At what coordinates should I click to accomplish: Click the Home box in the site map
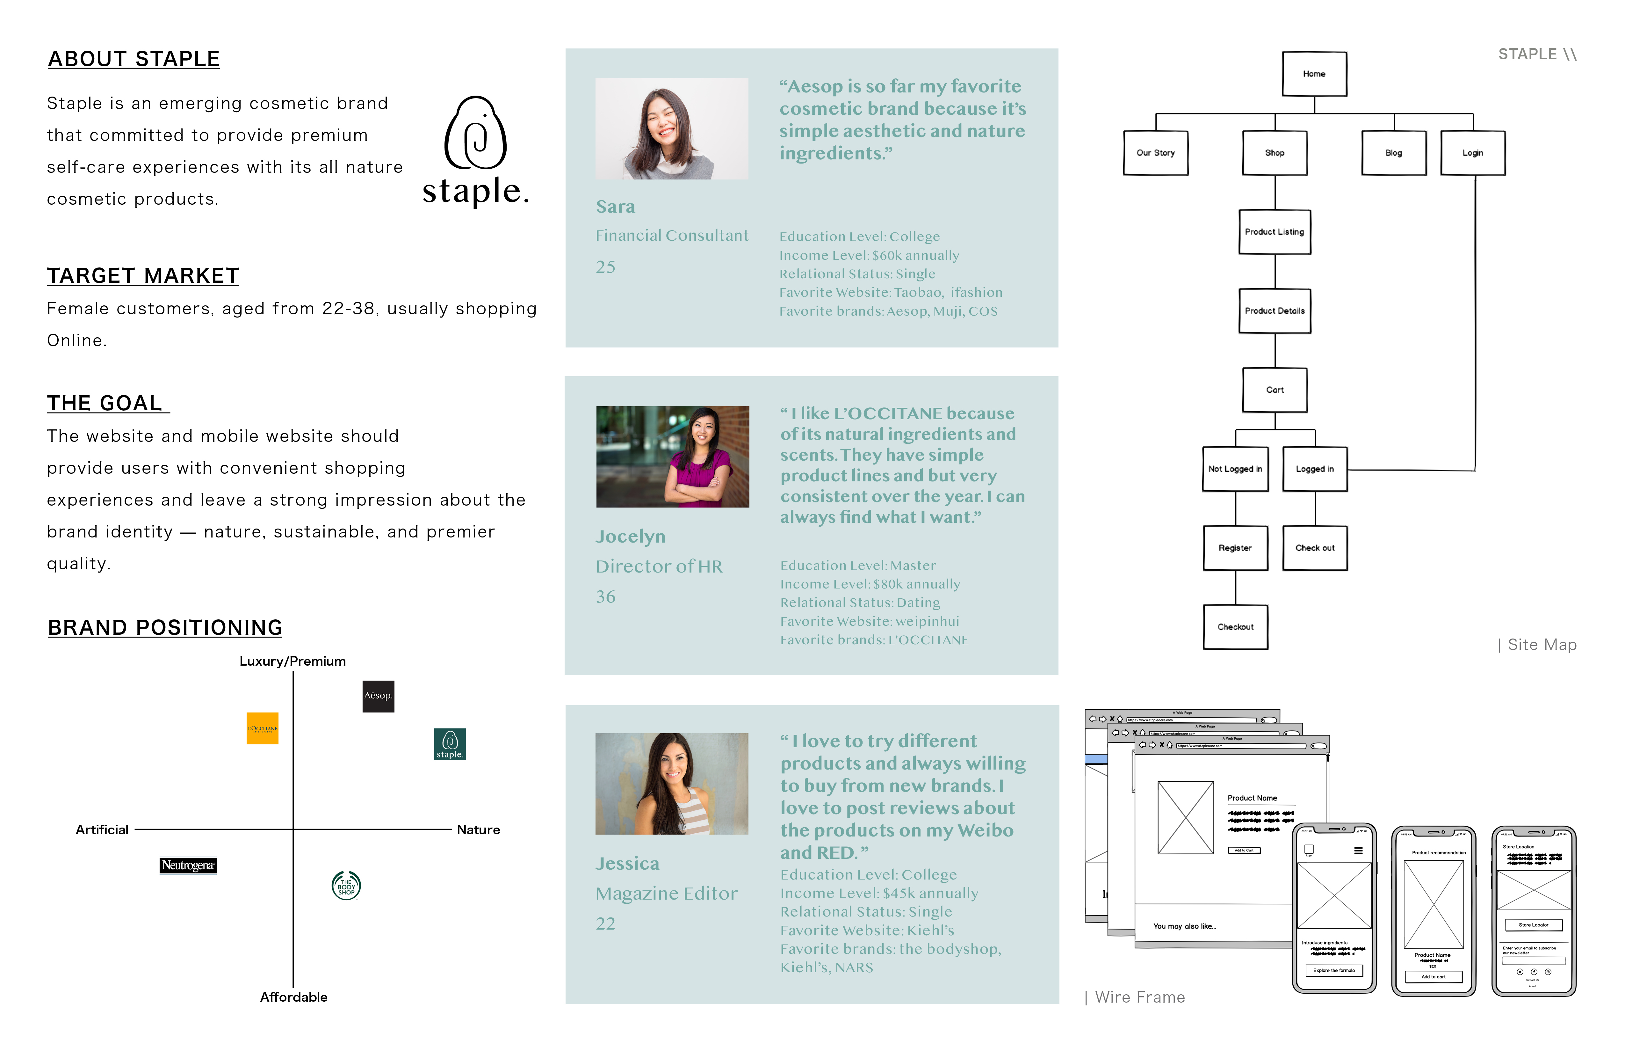click(1314, 74)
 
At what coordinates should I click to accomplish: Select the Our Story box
click(1155, 153)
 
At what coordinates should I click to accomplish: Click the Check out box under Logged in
click(1314, 548)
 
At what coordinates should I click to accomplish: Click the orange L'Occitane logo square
click(262, 728)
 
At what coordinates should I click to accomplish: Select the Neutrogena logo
click(188, 866)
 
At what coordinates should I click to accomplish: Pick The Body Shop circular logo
click(346, 886)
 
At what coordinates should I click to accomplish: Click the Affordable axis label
click(293, 997)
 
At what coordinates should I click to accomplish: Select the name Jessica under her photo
click(627, 864)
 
